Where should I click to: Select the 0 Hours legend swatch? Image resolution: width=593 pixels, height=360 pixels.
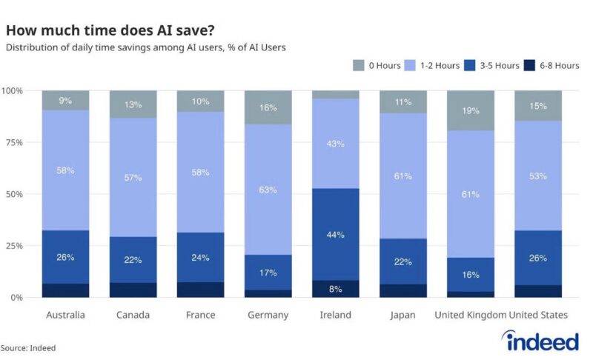click(x=358, y=66)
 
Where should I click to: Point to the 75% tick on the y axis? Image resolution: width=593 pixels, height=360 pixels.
click(x=14, y=142)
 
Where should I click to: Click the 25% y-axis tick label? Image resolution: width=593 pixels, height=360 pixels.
click(x=14, y=246)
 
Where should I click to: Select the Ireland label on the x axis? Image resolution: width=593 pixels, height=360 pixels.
click(x=336, y=315)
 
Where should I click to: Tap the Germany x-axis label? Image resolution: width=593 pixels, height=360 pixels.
click(x=268, y=315)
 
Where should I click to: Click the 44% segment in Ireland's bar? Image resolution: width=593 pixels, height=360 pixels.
click(x=336, y=234)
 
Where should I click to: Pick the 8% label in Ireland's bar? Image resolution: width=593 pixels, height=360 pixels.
click(x=336, y=289)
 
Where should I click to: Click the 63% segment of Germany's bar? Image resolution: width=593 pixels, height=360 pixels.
click(x=268, y=190)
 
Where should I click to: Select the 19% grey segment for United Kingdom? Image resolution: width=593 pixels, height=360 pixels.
click(x=471, y=110)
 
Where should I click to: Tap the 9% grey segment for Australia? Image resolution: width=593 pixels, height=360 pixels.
click(x=66, y=101)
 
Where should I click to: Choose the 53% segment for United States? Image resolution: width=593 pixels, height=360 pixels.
click(x=538, y=176)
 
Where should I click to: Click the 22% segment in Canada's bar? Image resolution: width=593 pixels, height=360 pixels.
click(x=133, y=259)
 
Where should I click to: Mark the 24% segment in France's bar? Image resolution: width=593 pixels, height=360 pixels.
click(x=201, y=257)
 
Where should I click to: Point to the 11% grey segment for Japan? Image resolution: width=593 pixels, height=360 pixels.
click(x=403, y=102)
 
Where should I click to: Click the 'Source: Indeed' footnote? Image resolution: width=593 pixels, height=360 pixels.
click(x=28, y=347)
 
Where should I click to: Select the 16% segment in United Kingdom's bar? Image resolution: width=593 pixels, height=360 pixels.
click(x=471, y=275)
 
